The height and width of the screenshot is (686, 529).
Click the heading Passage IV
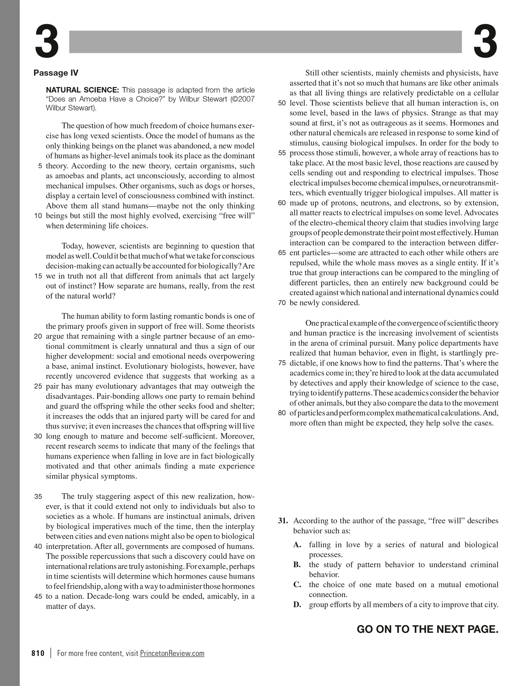(x=56, y=73)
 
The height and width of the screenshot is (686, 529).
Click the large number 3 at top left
(x=47, y=42)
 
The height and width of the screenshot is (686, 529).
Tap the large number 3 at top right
(x=485, y=42)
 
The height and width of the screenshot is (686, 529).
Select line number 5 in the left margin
(x=40, y=166)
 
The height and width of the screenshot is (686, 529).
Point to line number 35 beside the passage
(x=38, y=497)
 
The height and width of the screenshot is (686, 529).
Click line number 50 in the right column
(x=282, y=103)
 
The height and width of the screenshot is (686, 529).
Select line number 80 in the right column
(x=282, y=413)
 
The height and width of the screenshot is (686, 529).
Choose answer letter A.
(x=297, y=545)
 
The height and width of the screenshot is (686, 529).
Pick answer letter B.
(x=297, y=565)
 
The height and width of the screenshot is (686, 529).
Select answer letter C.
(x=297, y=585)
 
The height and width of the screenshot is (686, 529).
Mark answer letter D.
(x=297, y=605)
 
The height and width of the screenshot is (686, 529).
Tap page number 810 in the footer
(x=38, y=653)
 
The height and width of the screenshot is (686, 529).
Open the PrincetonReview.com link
(x=172, y=653)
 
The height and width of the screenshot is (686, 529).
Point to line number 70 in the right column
(x=282, y=303)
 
